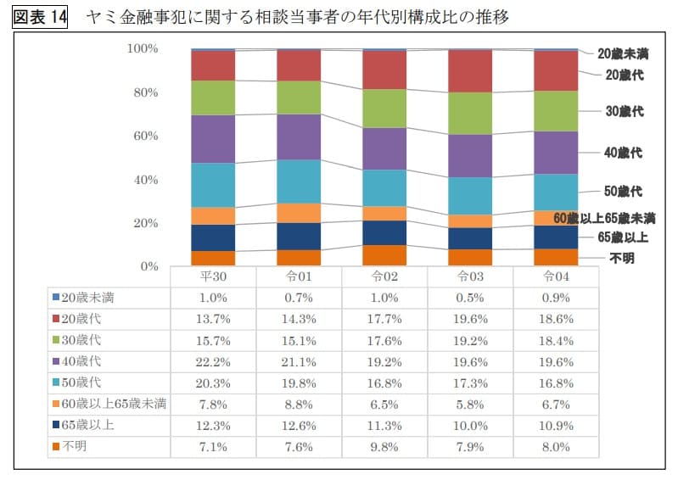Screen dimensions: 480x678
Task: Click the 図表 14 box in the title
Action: [x=40, y=17]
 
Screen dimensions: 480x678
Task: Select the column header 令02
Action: [x=384, y=276]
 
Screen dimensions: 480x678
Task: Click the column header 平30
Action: [x=212, y=276]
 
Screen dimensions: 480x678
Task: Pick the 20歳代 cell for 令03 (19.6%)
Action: [x=469, y=319]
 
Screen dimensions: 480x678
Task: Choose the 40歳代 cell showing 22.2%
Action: [x=212, y=361]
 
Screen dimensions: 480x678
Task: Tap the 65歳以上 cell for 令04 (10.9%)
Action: [x=556, y=425]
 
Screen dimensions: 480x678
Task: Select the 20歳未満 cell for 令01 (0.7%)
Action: [x=299, y=298]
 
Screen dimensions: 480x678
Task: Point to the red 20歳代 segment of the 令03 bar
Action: [x=469, y=71]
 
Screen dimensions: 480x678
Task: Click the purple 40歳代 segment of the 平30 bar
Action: [x=212, y=138]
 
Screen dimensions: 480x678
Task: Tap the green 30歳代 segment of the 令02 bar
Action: [x=384, y=108]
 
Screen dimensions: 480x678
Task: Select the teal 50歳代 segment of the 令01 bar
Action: [x=299, y=181]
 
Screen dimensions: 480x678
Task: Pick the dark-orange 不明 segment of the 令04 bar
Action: [x=556, y=257]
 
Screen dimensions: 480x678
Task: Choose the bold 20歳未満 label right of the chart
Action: [x=623, y=53]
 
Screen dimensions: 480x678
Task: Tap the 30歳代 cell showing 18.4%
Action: [x=556, y=340]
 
